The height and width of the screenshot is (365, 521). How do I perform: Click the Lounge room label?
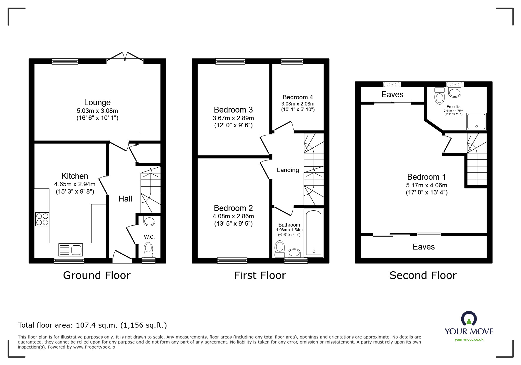[x=97, y=102]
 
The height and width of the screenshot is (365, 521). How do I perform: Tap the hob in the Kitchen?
[x=42, y=219]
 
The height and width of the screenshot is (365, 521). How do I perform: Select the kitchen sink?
[x=71, y=250]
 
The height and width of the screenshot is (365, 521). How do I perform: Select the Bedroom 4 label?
[x=298, y=97]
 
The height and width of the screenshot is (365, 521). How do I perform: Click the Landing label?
[x=288, y=170]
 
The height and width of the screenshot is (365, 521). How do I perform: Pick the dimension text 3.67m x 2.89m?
[x=233, y=118]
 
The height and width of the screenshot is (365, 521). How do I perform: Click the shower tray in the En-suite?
[x=476, y=121]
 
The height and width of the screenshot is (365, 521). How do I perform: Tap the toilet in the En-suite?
[x=440, y=94]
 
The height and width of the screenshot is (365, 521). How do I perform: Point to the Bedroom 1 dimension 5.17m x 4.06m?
[x=427, y=185]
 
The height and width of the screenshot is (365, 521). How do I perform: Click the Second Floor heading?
[x=423, y=275]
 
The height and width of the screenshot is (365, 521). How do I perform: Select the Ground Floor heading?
[x=97, y=275]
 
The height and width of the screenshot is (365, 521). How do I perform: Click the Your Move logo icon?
[x=469, y=319]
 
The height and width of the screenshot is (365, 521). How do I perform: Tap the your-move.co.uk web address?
[x=469, y=340]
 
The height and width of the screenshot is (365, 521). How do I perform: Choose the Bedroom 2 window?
[x=232, y=260]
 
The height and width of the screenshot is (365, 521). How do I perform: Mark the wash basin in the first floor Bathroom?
[x=294, y=252]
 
